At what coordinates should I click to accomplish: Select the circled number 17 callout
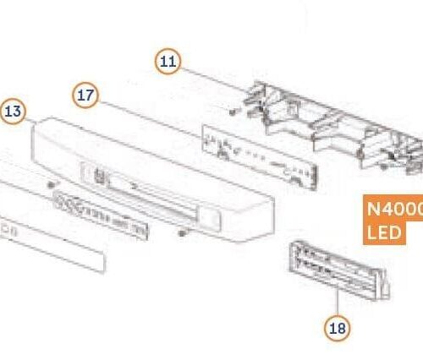pyautogui.click(x=85, y=95)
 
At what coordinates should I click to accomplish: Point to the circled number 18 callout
pyautogui.click(x=337, y=328)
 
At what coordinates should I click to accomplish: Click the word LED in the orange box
pyautogui.click(x=383, y=232)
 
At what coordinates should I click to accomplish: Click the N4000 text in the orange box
pyautogui.click(x=394, y=210)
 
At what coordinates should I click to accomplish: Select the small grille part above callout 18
pyautogui.click(x=334, y=268)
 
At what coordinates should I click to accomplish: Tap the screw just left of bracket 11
pyautogui.click(x=231, y=109)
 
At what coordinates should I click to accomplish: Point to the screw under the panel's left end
pyautogui.click(x=52, y=183)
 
